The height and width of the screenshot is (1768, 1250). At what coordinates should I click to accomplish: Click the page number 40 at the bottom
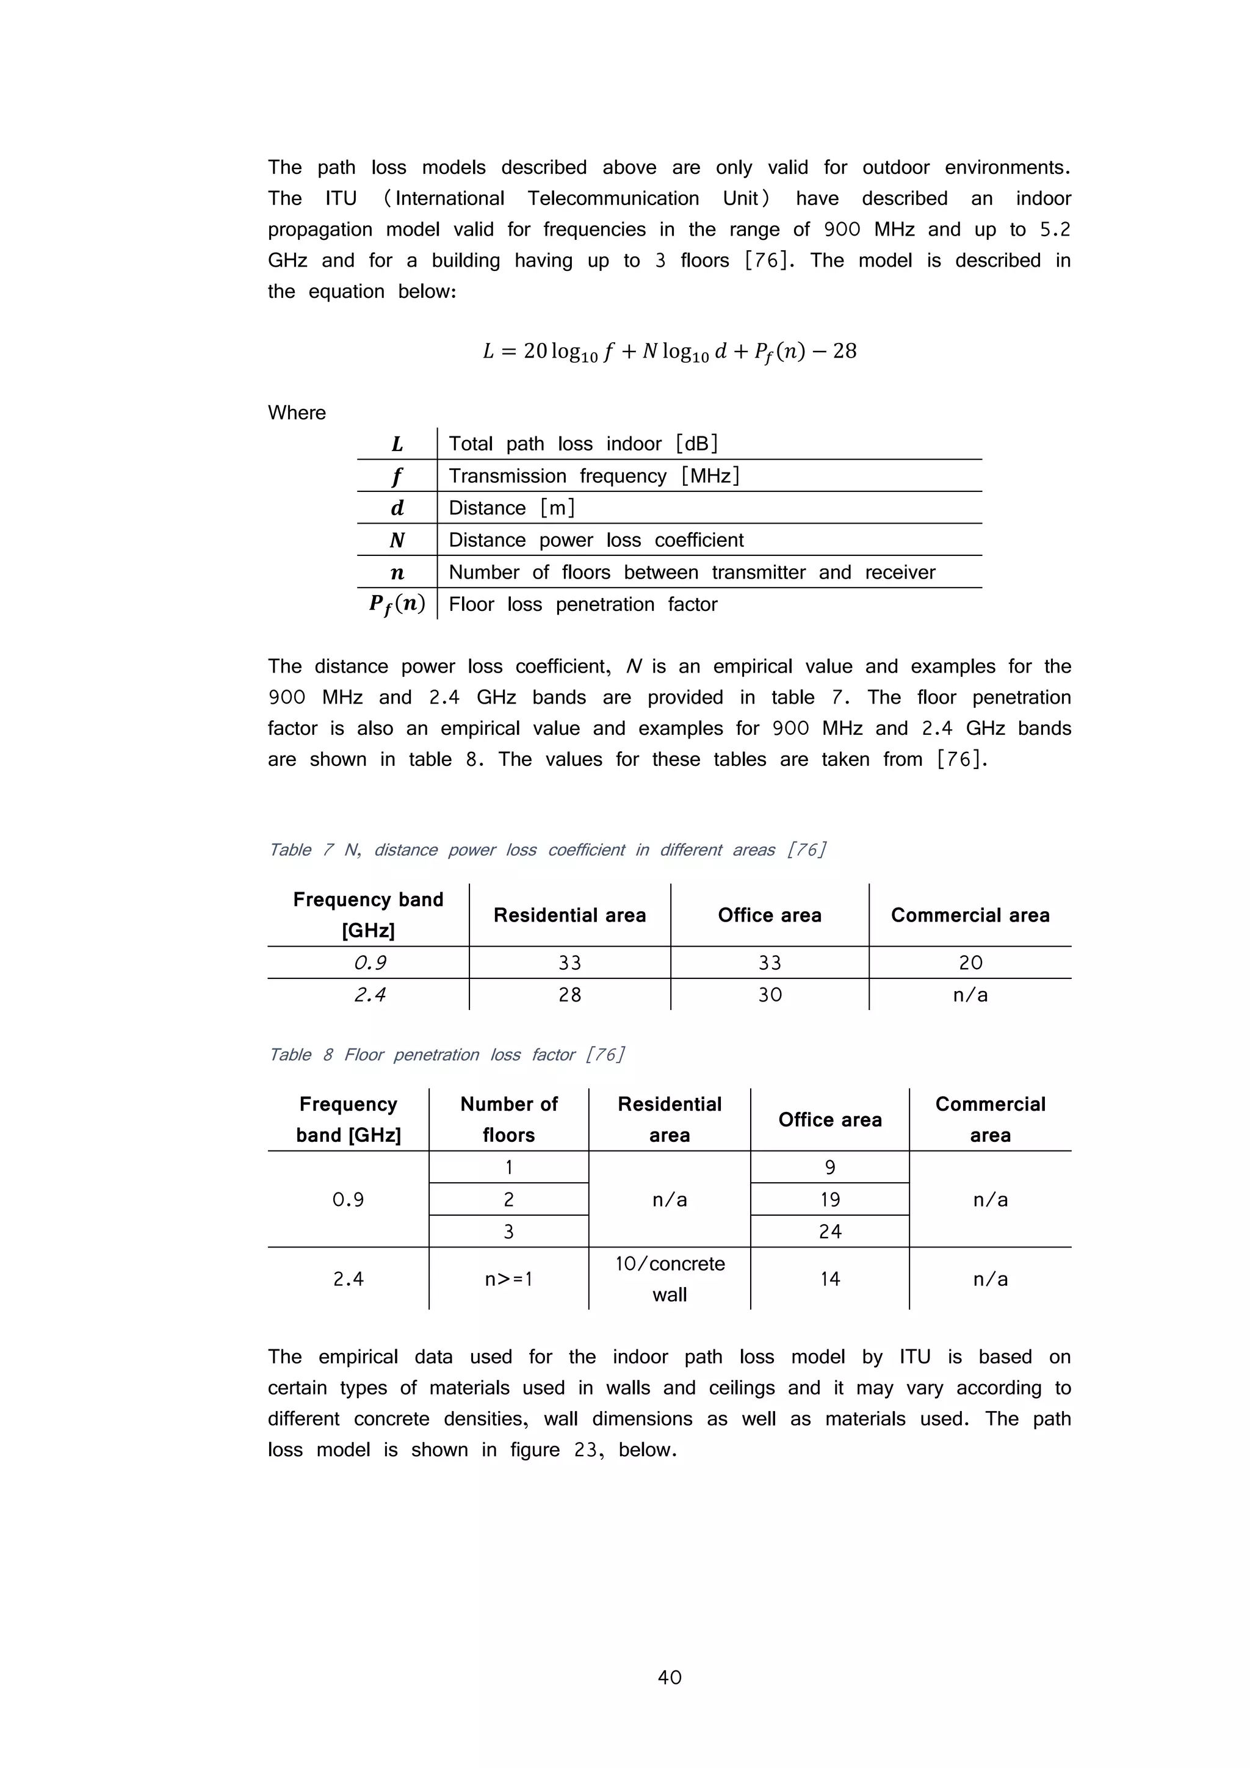coord(670,1677)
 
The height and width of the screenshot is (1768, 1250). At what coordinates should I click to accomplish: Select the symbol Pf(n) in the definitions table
coord(397,604)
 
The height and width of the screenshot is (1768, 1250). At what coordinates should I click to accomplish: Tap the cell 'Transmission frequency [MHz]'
coord(594,476)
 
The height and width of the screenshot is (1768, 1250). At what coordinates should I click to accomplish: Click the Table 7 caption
coord(547,850)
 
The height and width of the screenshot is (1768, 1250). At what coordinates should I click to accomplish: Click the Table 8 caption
coord(447,1054)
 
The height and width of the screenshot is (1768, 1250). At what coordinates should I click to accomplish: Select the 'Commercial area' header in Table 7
coord(970,915)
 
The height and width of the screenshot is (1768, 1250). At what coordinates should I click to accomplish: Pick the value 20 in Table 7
coord(970,962)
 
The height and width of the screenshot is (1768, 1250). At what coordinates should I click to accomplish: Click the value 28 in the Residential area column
coord(570,995)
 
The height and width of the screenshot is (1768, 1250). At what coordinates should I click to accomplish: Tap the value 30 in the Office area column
coord(770,995)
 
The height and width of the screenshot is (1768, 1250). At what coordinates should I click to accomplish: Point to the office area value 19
coord(829,1199)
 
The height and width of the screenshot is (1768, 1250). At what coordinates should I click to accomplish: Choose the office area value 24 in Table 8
coord(829,1232)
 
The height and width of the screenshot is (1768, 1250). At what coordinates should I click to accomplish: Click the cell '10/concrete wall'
coord(670,1279)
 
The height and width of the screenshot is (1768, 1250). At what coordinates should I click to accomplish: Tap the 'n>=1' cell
coord(508,1279)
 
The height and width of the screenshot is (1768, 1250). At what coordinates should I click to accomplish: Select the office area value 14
coord(829,1279)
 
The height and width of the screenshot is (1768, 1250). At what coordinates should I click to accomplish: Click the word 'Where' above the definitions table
coord(297,413)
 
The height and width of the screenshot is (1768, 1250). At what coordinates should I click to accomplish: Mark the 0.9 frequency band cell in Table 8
coord(348,1199)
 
